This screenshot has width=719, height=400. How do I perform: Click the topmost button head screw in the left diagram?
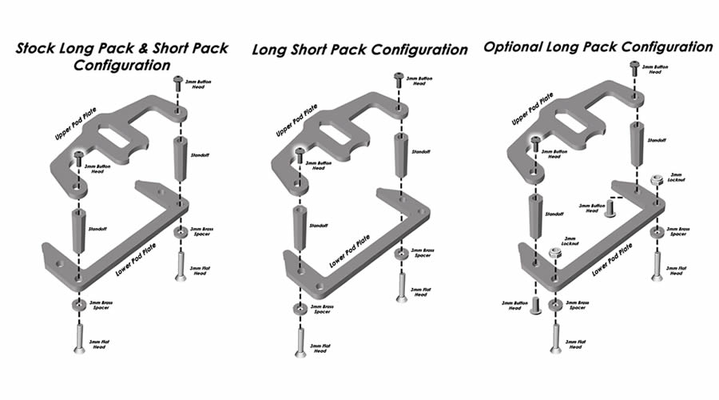[x=178, y=83]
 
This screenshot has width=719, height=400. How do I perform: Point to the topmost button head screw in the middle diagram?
[x=398, y=78]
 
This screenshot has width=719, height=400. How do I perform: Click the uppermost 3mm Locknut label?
[x=676, y=176]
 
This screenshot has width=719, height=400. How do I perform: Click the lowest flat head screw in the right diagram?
[x=555, y=338]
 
